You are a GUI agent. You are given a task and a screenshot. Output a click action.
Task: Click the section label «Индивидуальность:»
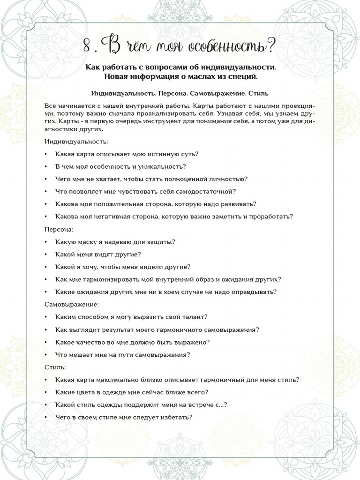[76, 141]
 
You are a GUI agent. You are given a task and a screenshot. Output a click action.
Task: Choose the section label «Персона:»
[59, 230]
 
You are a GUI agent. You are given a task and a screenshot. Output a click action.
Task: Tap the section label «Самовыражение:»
[72, 305]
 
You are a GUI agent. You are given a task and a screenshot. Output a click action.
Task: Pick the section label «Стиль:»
[55, 367]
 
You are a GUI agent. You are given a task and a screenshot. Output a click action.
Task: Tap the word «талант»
[194, 317]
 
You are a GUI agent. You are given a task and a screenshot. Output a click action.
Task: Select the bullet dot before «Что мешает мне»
[45, 355]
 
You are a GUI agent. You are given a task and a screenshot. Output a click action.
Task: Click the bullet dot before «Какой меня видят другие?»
[45, 255]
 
